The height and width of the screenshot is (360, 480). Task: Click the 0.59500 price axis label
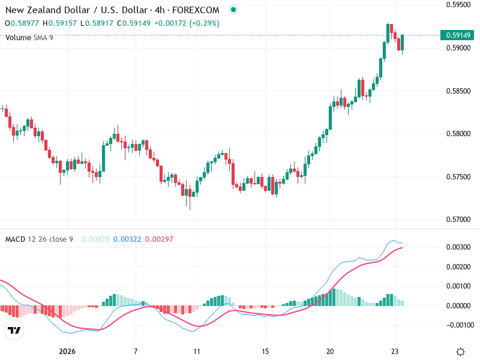458,5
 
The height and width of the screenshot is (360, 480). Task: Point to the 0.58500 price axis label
458,91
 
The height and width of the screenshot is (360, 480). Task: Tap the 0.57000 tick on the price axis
458,219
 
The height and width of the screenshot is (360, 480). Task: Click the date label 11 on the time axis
196,352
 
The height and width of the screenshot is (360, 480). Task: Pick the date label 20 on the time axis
330,352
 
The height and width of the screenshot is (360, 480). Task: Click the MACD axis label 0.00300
458,247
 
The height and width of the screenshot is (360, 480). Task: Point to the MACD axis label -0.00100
458,325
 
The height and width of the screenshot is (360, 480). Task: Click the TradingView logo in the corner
14,330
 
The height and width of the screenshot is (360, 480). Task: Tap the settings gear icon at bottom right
461,352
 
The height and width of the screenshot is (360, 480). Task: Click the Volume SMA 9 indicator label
29,38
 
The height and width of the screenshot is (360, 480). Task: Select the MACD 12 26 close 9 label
39,239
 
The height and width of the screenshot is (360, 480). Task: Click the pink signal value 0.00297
159,239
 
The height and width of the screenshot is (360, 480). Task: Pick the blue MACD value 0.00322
127,239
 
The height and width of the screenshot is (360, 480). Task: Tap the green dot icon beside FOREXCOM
233,10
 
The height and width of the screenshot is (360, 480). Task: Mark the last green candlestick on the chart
403,43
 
